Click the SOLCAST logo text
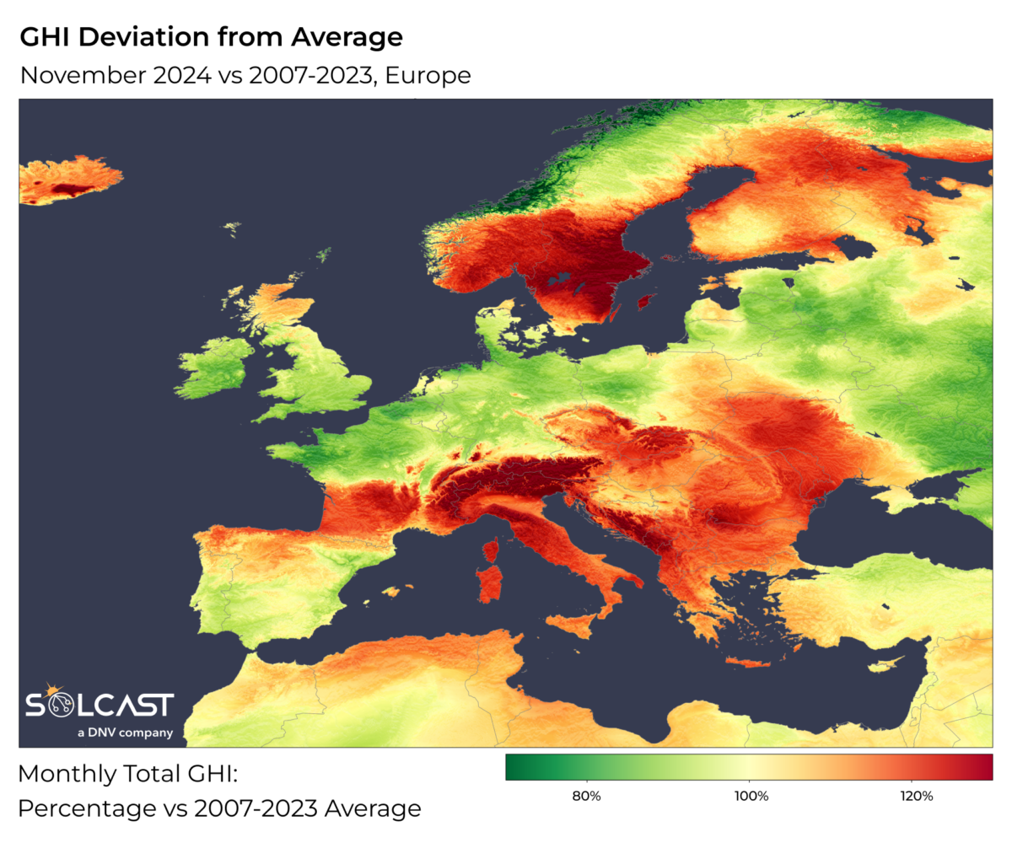point(100,706)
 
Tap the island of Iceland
point(67,179)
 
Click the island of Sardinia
point(490,585)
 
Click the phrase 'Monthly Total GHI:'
point(131,774)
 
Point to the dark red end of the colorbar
point(982,767)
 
